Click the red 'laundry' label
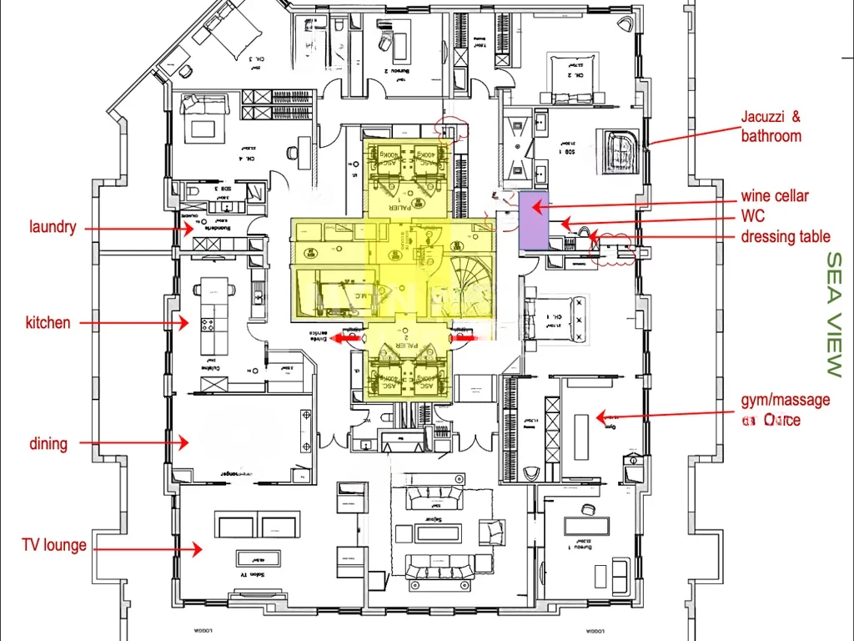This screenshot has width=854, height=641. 53,227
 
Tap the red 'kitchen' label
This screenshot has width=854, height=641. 48,322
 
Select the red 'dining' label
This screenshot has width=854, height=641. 48,443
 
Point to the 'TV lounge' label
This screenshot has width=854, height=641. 54,545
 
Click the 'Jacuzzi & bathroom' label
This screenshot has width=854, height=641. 771,127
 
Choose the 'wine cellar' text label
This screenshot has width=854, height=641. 775,196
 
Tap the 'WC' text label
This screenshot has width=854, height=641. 752,216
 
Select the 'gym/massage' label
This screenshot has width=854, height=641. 786,400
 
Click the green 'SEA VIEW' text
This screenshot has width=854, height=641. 833,314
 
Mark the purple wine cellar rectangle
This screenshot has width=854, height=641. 532,221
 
